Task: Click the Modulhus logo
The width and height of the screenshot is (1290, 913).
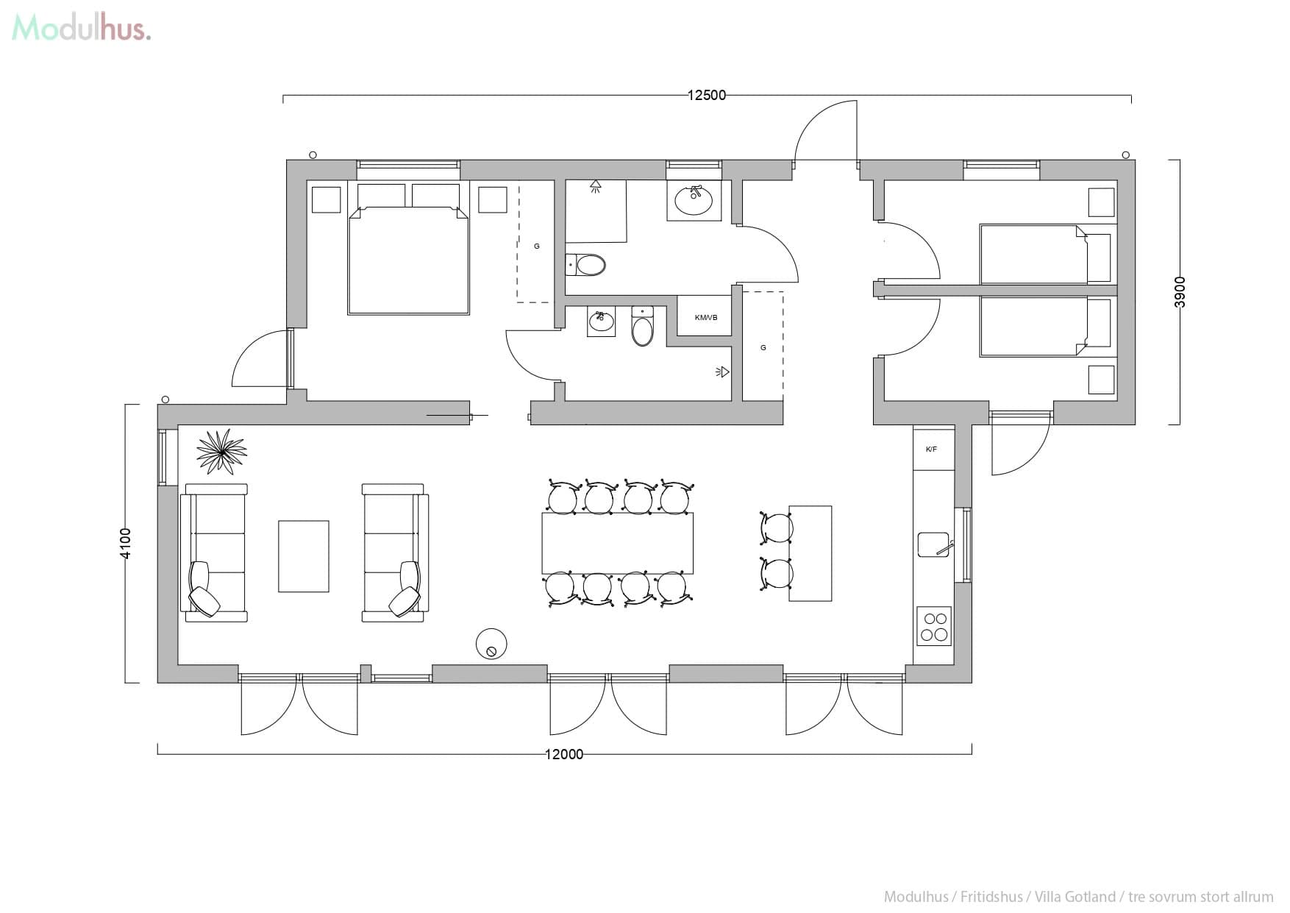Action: pos(81,28)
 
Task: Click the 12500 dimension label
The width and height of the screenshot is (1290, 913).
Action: pos(706,95)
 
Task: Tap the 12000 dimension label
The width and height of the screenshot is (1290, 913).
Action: pos(564,753)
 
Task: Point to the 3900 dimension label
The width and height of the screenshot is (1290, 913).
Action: pos(1180,292)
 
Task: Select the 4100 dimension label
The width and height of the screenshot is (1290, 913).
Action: pos(126,543)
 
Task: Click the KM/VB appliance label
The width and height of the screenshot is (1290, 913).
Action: pos(705,317)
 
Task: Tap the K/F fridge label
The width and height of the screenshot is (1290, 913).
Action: pos(931,449)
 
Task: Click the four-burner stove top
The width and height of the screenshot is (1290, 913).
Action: pos(934,626)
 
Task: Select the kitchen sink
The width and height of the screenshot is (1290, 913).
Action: pos(933,545)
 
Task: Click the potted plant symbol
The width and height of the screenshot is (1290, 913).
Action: pos(221,451)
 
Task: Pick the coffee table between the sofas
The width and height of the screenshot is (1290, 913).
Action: pos(303,556)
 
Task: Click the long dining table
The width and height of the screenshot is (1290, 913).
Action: pos(617,544)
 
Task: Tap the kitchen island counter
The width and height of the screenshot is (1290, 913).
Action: pos(810,553)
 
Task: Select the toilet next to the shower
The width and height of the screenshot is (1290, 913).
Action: pos(586,264)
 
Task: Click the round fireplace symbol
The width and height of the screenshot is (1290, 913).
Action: pos(491,644)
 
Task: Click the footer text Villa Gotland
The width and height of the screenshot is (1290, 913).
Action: pos(1075,897)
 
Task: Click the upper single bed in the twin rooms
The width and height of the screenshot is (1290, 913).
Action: pos(1033,254)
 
